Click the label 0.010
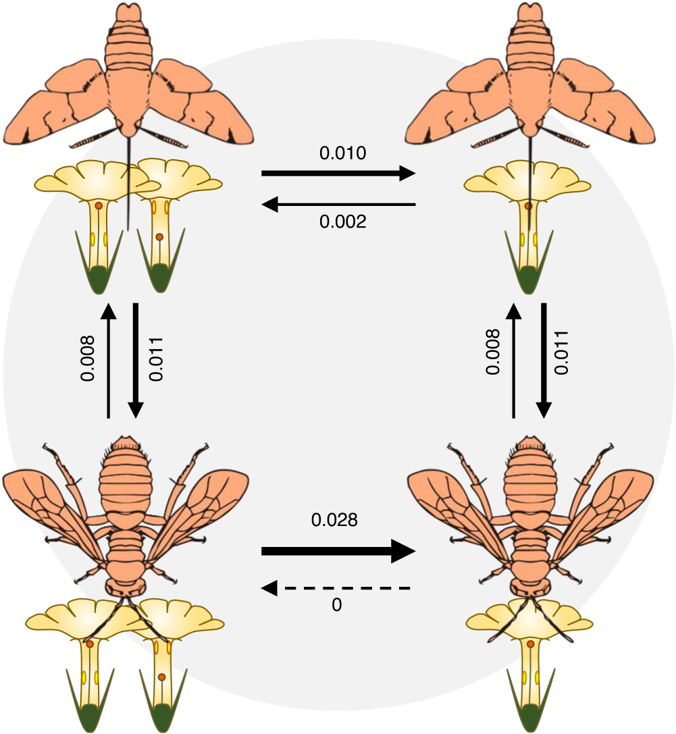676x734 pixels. click(x=342, y=153)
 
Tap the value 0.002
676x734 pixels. click(x=342, y=221)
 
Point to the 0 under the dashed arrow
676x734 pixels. click(x=337, y=606)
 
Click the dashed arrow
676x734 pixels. click(x=336, y=589)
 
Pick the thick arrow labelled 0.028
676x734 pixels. click(x=337, y=552)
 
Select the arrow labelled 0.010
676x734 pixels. click(x=338, y=174)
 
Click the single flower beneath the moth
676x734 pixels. click(x=528, y=223)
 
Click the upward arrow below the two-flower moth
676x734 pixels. click(x=108, y=361)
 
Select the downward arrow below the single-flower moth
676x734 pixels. click(x=544, y=361)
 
